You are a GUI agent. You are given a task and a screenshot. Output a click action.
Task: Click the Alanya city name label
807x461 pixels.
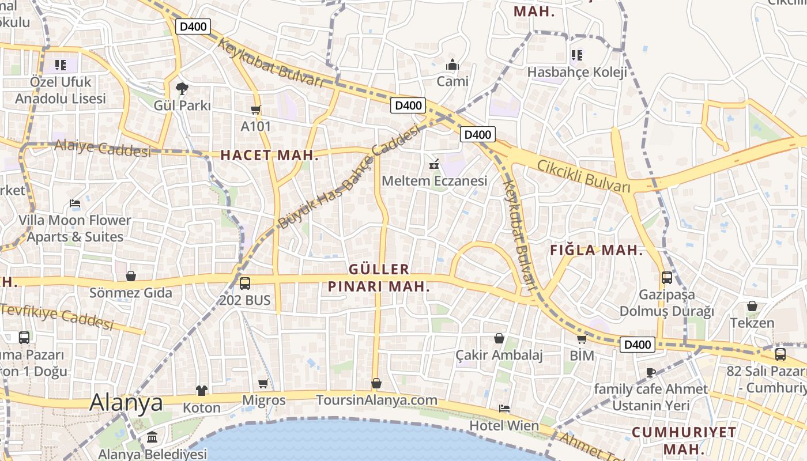pos(126,402)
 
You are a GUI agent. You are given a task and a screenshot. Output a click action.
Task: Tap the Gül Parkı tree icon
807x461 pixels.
pos(182,89)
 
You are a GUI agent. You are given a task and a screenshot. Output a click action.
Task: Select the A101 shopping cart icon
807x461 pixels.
pos(256,109)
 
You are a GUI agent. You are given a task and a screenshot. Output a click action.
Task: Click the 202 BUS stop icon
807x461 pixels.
pos(245,284)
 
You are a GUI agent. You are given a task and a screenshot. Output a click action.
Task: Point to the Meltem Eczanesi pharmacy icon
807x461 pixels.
pos(435,164)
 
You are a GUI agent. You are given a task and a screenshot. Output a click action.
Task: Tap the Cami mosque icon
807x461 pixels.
pos(452,65)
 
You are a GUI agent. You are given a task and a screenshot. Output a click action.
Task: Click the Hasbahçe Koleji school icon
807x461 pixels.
pos(577,55)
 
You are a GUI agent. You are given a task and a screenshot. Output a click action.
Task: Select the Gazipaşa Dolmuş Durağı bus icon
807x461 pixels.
pos(667,278)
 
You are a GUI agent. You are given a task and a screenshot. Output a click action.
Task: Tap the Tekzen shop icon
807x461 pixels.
pos(752,306)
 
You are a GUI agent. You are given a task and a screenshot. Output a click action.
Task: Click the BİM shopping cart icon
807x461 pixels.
pos(582,339)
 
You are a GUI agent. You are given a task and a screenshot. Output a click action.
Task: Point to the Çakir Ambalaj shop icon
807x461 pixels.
pos(499,338)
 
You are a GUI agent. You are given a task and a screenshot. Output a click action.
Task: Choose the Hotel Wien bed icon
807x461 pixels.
pos(504,409)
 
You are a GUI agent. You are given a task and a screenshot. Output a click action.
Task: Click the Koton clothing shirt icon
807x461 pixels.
pos(201,391)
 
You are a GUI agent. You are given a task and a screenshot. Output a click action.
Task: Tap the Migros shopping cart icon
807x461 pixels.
pos(263,383)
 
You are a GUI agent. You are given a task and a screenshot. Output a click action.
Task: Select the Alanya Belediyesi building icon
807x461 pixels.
pos(152,437)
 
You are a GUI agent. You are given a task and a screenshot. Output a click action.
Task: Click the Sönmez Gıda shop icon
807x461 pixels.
pos(131,276)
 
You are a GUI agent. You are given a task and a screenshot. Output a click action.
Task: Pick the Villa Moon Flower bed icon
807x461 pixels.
pos(75,203)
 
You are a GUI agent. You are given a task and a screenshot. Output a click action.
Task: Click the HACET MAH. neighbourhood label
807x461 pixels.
pos(270,155)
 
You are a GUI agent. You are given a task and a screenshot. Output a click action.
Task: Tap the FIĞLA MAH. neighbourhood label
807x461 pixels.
pos(597,250)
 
